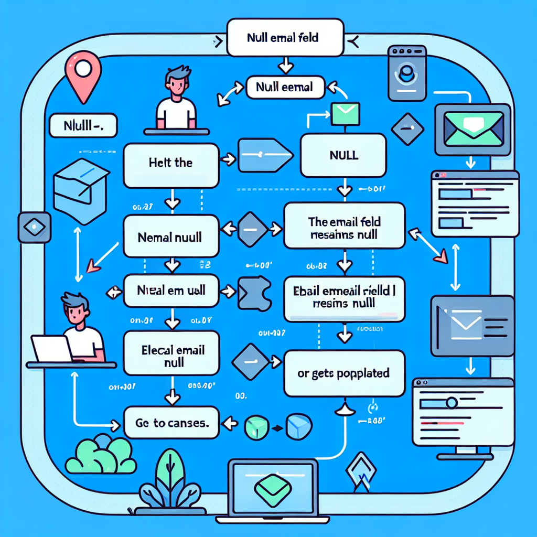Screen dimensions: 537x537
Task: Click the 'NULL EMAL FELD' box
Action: coord(285,38)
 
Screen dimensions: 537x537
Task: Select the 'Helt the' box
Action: coord(171,163)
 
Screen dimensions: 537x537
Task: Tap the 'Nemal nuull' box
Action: coord(171,238)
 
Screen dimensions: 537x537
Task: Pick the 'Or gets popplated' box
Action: coord(344,374)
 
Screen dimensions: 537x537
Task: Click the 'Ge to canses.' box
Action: coord(171,423)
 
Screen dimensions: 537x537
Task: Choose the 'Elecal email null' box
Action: coord(171,356)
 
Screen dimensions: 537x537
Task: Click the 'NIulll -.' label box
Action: coord(83,126)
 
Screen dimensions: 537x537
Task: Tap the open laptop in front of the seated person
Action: coord(51,348)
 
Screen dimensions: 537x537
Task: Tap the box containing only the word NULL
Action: coord(343,155)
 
